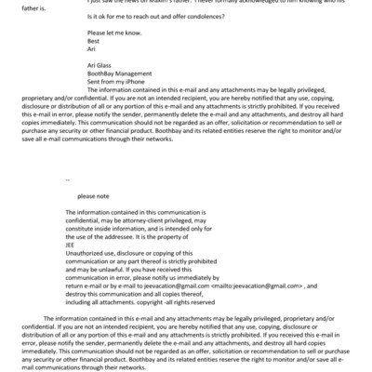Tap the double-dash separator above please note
click(x=68, y=179)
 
